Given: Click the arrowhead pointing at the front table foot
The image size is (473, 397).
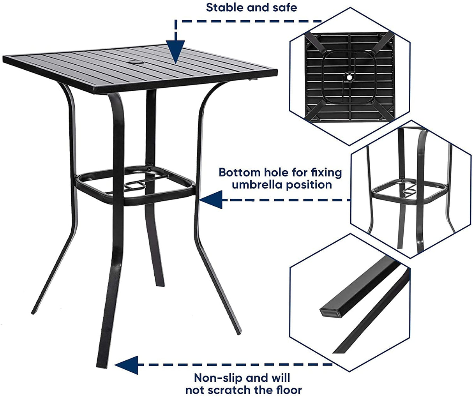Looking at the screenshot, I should point(127,365).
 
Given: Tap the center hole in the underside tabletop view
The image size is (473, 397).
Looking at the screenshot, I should point(349,78).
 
